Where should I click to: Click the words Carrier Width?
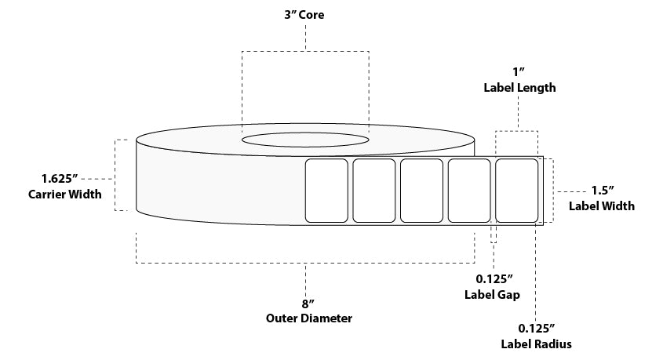[64, 194]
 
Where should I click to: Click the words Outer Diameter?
[306, 318]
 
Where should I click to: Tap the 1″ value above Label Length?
[519, 71]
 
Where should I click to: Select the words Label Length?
[519, 88]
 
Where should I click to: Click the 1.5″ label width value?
[602, 191]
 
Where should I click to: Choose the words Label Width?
[602, 206]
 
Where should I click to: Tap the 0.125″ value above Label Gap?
[494, 278]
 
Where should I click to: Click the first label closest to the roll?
[326, 191]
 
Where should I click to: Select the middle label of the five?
[421, 191]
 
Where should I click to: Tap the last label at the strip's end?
[517, 191]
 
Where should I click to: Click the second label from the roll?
[373, 191]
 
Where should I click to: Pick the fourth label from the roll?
[469, 191]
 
